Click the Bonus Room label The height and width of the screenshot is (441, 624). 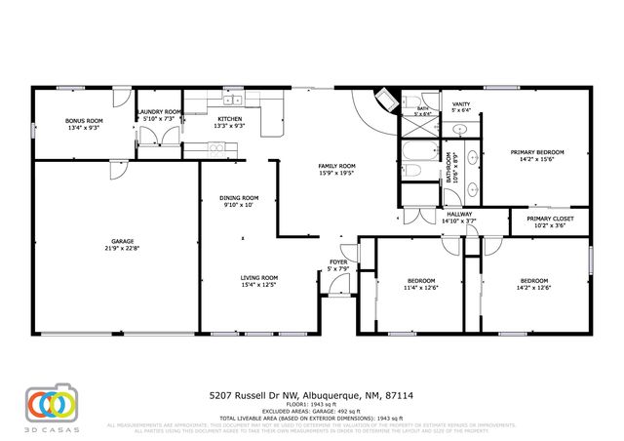tap(84, 121)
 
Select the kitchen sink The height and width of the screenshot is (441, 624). tap(234, 99)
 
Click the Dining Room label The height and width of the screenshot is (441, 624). tap(240, 198)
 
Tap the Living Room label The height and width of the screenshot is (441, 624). tap(259, 277)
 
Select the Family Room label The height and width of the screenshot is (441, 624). tap(337, 166)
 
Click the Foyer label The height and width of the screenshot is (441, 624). tap(338, 262)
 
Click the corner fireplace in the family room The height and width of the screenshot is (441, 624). tap(382, 103)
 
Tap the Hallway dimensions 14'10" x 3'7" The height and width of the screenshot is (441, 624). tap(458, 221)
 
